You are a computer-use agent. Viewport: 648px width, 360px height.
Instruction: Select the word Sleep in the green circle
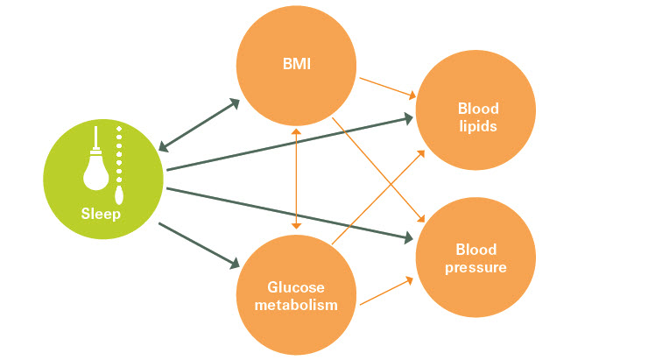(x=102, y=214)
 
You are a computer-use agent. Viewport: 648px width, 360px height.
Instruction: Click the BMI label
(x=296, y=63)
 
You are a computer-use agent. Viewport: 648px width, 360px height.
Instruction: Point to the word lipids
(x=478, y=125)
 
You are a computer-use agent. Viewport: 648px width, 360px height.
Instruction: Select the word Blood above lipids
(x=478, y=109)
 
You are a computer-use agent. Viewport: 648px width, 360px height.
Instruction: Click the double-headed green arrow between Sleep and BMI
(x=200, y=123)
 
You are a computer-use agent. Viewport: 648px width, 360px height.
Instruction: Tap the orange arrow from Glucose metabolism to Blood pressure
(x=385, y=292)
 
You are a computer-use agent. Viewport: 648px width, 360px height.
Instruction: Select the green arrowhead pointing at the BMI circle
(x=234, y=102)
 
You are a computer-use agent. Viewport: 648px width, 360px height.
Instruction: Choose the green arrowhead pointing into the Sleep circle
(x=165, y=144)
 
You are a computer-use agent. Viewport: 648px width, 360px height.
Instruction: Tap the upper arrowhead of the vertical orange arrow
(x=297, y=131)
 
